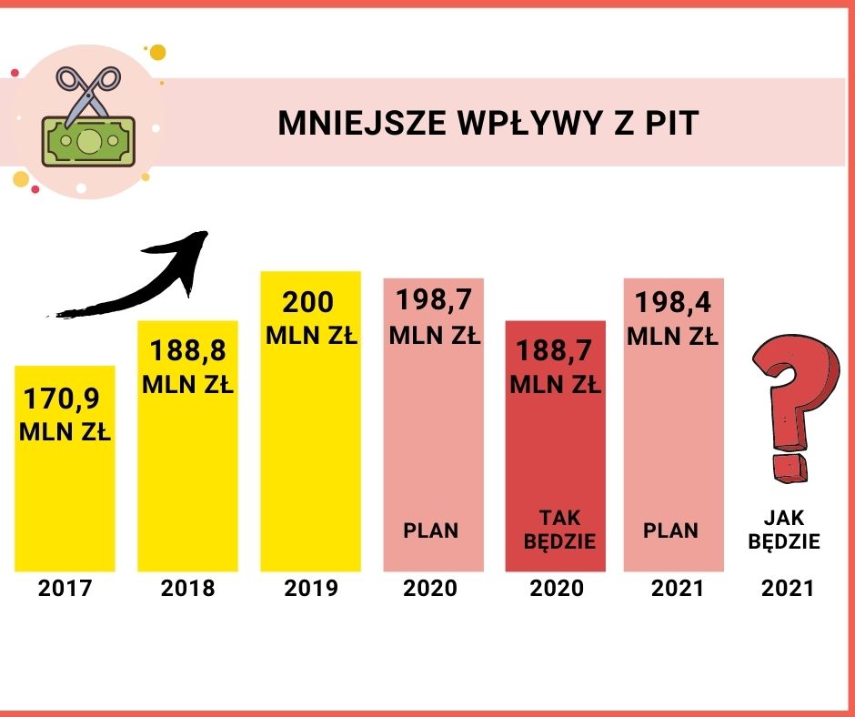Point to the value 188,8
click(x=188, y=352)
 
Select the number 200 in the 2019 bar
click(x=308, y=302)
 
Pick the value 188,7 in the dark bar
click(x=556, y=351)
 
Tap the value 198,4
click(x=673, y=302)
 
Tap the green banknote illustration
click(x=88, y=141)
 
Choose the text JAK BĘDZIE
click(x=791, y=530)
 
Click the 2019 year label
click(x=311, y=589)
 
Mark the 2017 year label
click(x=65, y=589)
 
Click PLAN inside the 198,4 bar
click(x=670, y=530)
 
